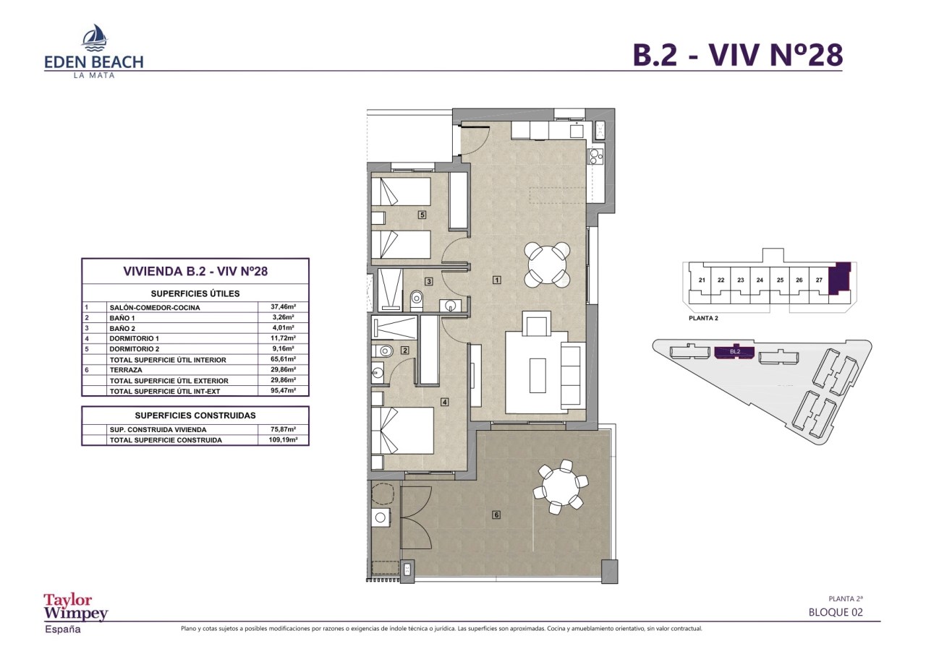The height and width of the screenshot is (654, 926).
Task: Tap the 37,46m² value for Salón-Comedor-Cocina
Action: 283,307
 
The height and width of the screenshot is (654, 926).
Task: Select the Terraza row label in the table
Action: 126,370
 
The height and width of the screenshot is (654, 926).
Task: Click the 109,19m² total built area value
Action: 283,439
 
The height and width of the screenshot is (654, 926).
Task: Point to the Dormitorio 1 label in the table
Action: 135,338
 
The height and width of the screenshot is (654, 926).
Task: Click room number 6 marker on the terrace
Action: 496,515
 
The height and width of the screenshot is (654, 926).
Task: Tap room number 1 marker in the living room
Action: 497,280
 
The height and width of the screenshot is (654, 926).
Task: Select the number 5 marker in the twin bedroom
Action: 422,215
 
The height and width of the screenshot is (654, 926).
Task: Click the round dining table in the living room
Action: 547,264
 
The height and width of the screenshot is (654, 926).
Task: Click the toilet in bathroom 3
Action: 416,300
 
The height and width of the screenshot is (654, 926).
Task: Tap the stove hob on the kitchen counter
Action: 596,156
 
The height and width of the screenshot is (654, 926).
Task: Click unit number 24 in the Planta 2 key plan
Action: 760,280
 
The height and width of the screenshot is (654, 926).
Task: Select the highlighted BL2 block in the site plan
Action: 734,352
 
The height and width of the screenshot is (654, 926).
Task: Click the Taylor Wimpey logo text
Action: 76,606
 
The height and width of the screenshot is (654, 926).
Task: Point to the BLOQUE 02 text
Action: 836,612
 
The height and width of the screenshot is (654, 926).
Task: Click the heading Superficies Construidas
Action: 195,416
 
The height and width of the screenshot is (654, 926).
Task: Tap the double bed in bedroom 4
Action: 402,431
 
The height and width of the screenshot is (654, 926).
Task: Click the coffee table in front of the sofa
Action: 538,375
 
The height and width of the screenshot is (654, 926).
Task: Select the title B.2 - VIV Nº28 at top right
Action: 738,55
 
